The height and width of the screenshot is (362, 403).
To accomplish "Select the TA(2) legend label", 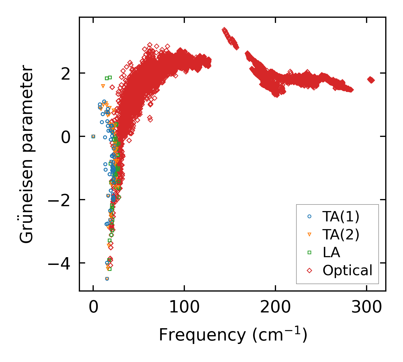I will click(341, 235).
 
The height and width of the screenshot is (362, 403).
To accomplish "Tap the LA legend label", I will click(331, 252).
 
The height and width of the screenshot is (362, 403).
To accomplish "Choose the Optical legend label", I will click(347, 270).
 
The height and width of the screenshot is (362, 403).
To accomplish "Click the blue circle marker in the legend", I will click(309, 217).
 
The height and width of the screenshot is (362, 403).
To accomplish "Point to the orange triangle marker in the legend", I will click(309, 235).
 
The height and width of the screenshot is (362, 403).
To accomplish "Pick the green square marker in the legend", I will click(309, 252).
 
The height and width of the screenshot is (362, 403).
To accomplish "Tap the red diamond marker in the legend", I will click(309, 270).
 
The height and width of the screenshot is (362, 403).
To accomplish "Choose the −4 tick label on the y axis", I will click(59, 263).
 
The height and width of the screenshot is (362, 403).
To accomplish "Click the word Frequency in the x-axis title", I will click(202, 335).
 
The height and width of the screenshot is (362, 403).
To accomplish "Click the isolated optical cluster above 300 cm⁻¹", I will click(371, 80).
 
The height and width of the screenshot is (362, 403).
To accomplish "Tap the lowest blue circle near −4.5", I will click(107, 279).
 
